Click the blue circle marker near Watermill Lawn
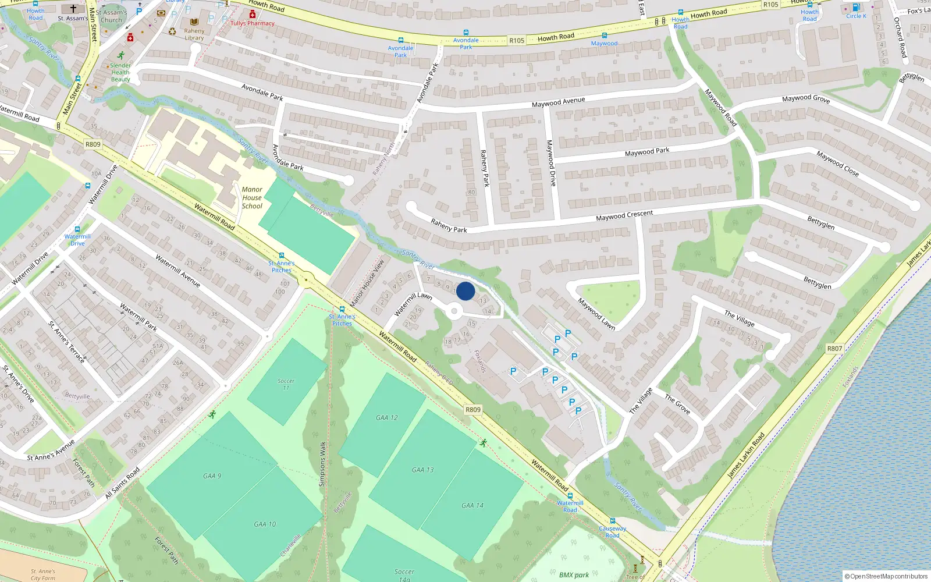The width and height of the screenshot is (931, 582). pos(465,291)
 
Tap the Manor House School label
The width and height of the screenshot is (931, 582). pos(252,198)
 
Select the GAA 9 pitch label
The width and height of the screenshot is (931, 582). pos(212,476)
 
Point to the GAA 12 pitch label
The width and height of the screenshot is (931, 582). pos(387,418)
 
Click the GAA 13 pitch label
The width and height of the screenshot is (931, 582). pos(423,470)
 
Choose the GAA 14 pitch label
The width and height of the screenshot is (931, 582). pos(472,505)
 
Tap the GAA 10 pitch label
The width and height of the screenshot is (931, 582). pos(265,524)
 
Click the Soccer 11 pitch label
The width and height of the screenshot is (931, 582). pos(286,384)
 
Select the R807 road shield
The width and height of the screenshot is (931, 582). pos(834,349)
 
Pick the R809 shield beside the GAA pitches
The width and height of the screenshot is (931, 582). pos(473,410)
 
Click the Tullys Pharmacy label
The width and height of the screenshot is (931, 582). pos(252,23)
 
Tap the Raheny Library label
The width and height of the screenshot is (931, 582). pos(194,34)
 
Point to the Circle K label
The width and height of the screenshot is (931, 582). pos(856,16)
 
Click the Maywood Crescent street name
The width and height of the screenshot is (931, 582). pos(624,215)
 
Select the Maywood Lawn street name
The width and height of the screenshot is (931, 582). pos(596,314)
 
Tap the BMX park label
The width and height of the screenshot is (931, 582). pos(574,575)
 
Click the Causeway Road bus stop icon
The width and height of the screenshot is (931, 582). pos(613,521)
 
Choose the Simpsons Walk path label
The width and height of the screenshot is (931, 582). pos(322,464)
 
